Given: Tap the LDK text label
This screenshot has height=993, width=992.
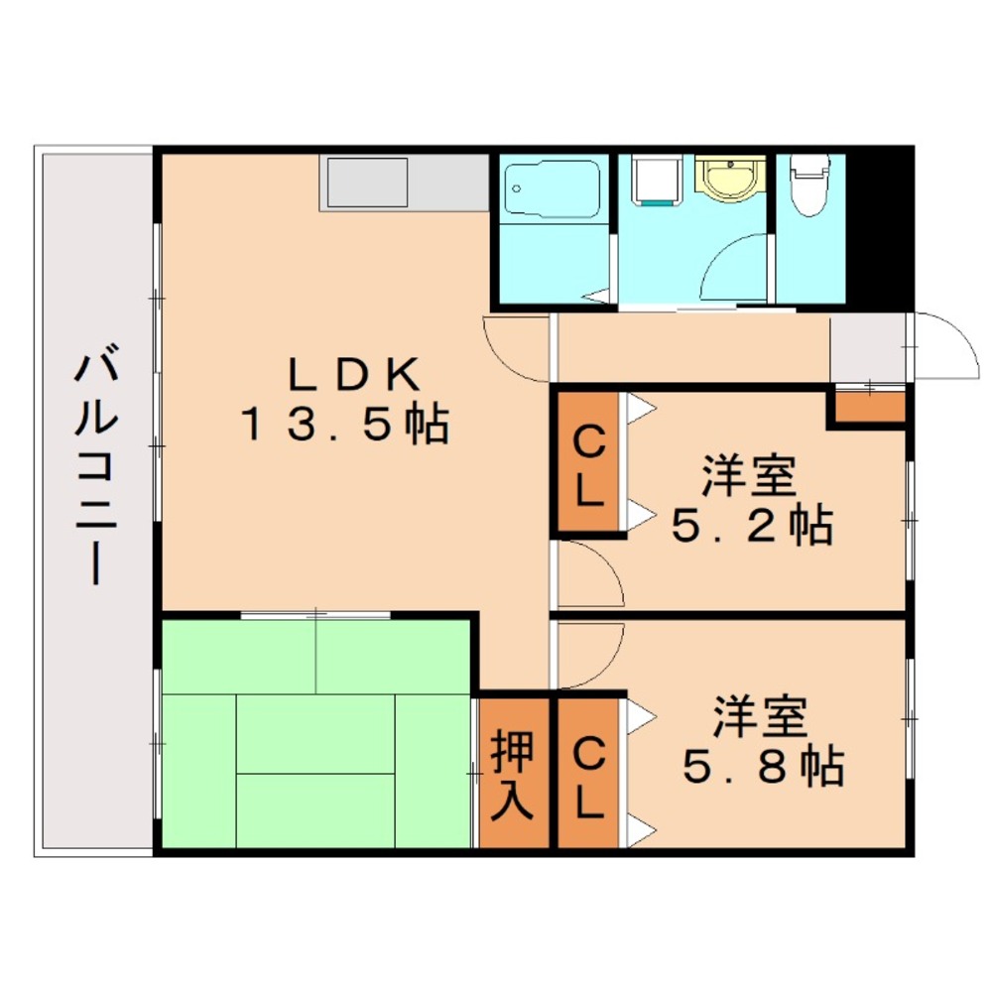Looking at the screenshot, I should [342, 374].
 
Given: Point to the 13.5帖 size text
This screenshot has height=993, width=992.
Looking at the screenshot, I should [342, 424].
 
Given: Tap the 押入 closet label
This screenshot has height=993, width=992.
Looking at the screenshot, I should [515, 774].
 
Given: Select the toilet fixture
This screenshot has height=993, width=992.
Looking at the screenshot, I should [808, 184].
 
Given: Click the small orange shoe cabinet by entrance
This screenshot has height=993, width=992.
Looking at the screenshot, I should [868, 407].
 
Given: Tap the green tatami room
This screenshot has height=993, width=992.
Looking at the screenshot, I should [315, 734].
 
